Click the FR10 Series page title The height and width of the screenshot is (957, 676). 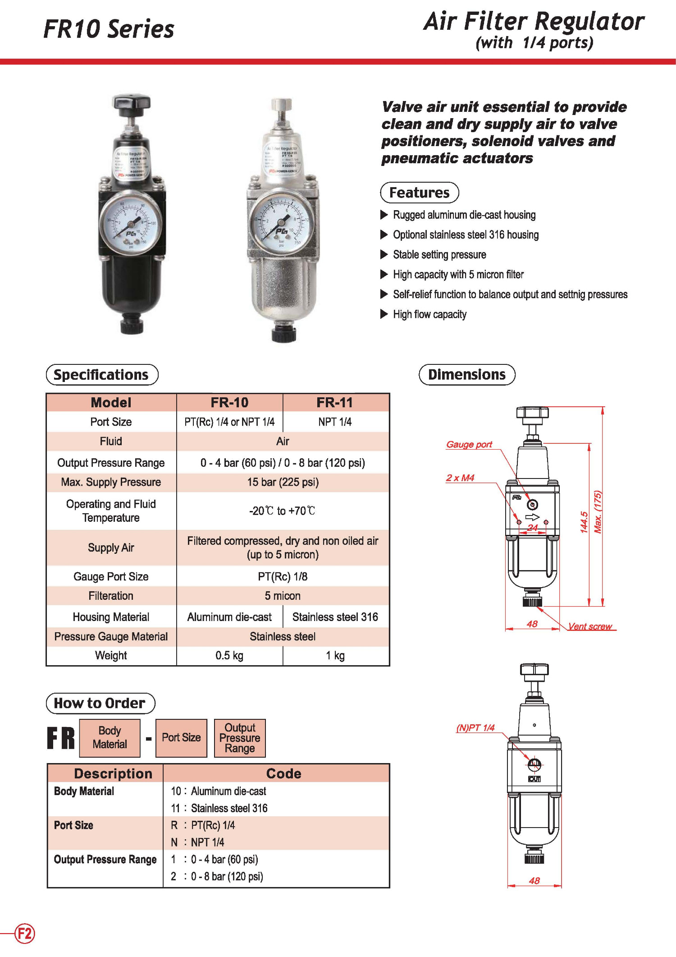109,29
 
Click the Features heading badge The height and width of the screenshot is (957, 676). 419,193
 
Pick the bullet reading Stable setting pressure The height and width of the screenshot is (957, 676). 439,255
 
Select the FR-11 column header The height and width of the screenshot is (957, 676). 335,402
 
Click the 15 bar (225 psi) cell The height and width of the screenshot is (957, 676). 283,482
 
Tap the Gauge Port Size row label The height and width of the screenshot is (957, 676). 111,576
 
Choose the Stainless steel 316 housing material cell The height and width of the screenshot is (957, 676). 335,617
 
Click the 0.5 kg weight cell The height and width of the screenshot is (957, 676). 229,655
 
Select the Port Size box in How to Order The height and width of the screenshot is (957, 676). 181,737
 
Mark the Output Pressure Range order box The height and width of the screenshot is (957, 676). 240,738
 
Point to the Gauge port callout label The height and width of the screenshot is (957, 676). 469,444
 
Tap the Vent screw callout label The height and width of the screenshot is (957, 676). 589,626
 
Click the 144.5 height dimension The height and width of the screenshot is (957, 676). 584,522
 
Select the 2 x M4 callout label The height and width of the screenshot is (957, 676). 460,478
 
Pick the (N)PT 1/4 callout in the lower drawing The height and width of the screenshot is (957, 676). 475,727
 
